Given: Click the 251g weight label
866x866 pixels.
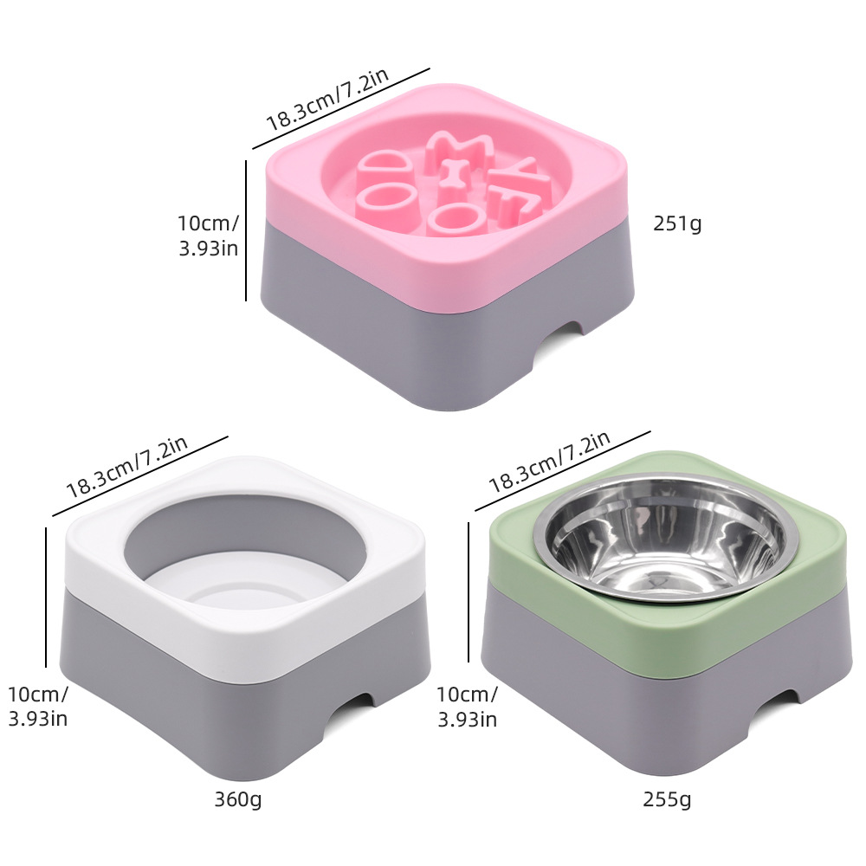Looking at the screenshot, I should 677,223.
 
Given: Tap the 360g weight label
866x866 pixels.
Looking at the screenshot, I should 238,799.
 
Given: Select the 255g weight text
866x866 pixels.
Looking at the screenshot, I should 668,799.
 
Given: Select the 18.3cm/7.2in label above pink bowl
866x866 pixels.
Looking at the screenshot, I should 326,101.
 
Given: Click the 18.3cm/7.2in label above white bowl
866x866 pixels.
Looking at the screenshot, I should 126,468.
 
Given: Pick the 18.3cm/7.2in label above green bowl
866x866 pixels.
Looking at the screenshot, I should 549,462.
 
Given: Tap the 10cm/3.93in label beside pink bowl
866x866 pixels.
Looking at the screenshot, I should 208,236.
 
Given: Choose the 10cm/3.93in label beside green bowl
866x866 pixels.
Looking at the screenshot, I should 467,706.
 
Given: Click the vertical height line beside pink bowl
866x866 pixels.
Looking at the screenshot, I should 247,229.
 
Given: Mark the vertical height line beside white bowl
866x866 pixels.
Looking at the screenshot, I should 45,598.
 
